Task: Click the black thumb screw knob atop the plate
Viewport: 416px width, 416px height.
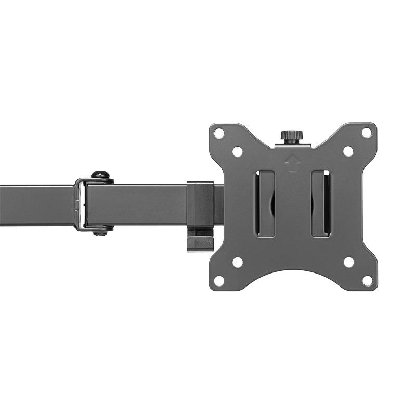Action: (x=293, y=136)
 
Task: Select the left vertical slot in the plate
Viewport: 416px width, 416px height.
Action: (x=265, y=203)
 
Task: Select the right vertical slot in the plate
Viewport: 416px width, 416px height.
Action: (x=320, y=203)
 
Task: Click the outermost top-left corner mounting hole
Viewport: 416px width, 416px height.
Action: (x=219, y=133)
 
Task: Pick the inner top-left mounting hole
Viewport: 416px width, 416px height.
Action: (x=237, y=152)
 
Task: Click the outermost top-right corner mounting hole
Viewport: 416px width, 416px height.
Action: (x=367, y=133)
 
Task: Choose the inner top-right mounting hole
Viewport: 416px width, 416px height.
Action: (x=348, y=151)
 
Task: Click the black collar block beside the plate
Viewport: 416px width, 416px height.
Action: (x=200, y=203)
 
